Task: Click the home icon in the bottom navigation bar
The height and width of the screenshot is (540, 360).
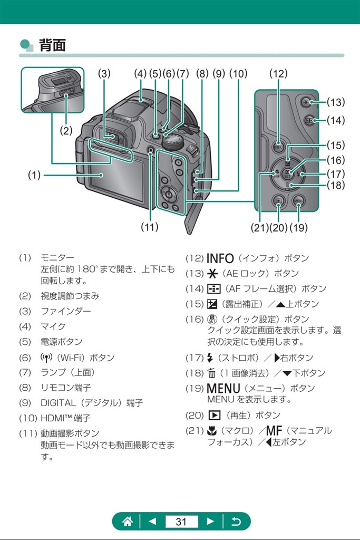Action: tap(127, 522)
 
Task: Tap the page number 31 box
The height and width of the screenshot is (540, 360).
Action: tap(181, 522)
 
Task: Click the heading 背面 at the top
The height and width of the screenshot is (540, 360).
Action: tap(52, 45)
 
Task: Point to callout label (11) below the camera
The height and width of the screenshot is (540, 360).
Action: tap(150, 227)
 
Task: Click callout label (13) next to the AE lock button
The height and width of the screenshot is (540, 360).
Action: tap(335, 102)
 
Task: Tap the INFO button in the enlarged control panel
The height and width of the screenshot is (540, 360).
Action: tap(279, 148)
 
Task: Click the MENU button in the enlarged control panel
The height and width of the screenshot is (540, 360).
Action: tap(298, 201)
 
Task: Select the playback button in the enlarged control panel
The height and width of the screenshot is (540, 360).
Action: tap(279, 201)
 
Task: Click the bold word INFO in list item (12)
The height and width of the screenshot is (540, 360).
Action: tap(220, 258)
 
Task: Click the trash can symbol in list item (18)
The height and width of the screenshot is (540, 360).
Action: tap(212, 373)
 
